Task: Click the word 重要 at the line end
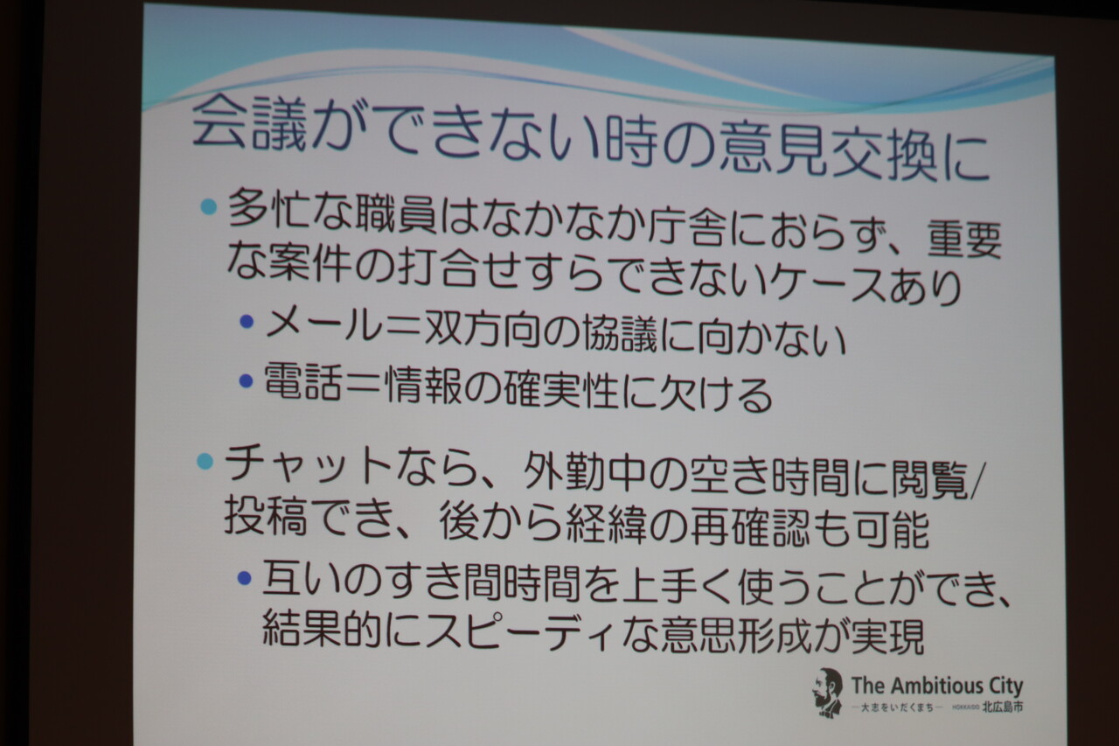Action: point(964,240)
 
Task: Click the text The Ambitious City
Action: point(937,686)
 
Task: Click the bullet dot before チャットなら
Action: point(205,461)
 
